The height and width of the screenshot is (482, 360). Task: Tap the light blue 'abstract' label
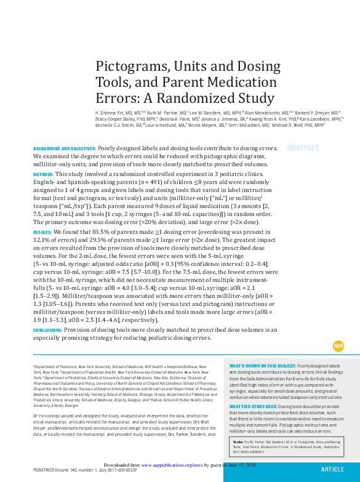tap(303, 148)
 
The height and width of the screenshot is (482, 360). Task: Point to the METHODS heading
tap(43, 174)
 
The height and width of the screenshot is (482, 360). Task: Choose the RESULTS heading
tap(42, 232)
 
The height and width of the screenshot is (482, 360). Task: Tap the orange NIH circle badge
tap(338, 347)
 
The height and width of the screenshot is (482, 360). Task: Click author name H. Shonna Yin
tap(111, 114)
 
